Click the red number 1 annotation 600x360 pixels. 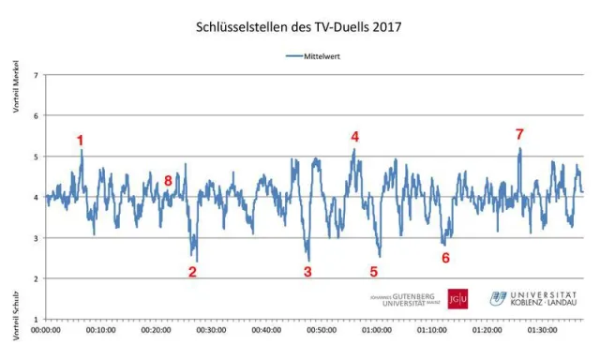point(81,141)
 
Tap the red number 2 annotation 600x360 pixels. point(192,272)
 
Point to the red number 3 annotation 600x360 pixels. point(307,272)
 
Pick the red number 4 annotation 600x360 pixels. point(354,136)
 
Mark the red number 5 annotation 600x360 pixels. point(373,272)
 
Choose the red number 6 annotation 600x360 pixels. point(445,257)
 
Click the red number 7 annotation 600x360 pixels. point(519,134)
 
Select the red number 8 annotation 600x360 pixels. point(168,180)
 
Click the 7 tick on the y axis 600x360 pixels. point(36,75)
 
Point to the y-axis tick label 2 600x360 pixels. point(36,278)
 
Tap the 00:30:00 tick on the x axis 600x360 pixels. point(211,330)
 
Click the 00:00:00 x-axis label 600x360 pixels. point(46,330)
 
